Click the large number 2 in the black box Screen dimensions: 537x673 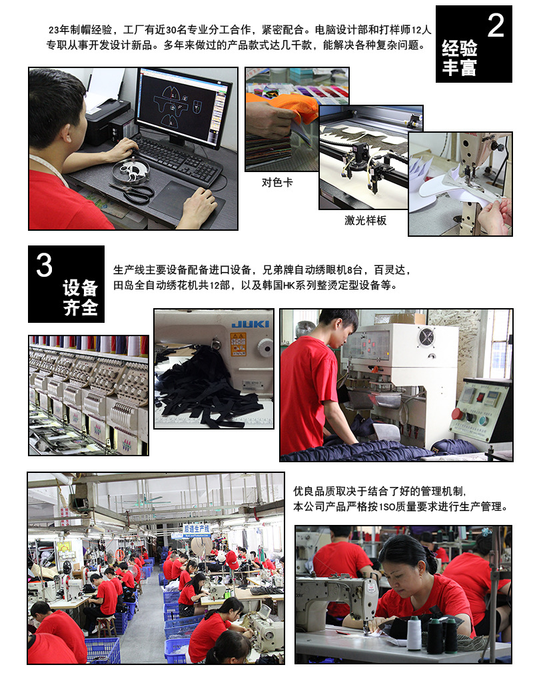496,25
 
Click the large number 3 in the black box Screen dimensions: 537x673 44,265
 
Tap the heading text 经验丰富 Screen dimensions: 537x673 460,58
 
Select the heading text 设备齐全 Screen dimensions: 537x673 81,297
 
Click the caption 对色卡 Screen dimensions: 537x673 277,182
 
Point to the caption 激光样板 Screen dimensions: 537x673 366,221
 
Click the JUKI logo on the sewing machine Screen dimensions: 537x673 251,324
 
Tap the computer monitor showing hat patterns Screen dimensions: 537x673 183,107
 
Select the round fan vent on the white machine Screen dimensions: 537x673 426,337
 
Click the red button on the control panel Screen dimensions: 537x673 457,414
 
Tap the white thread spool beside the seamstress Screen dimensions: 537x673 414,634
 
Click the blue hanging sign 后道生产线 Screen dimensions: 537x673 197,529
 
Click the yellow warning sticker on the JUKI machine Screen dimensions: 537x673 238,344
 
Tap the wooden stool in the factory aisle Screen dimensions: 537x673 106,627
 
